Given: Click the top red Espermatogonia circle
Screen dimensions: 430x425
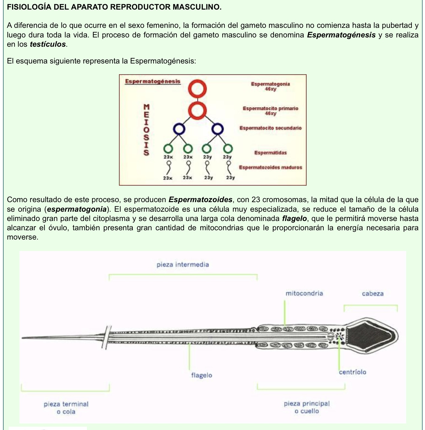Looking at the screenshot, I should click(x=197, y=89).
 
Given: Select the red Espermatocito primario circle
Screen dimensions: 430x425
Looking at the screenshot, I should click(x=197, y=110).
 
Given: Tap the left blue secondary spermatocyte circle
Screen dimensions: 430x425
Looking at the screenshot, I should click(x=179, y=129).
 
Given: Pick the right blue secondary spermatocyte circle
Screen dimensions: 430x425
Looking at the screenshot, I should click(x=218, y=129).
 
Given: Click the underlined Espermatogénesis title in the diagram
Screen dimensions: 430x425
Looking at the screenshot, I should click(x=153, y=81).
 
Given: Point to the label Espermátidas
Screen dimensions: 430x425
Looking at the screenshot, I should click(x=270, y=153).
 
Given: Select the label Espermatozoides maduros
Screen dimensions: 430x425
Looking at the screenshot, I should click(x=270, y=167).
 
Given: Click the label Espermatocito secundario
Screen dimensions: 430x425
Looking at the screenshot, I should click(x=270, y=128).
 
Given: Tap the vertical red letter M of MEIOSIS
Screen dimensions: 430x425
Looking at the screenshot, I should click(x=146, y=107).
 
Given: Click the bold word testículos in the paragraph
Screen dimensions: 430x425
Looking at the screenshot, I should click(x=48, y=44).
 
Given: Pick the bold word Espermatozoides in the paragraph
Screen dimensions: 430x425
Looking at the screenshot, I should click(x=201, y=200).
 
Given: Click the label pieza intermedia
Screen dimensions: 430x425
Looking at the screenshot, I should click(x=183, y=265).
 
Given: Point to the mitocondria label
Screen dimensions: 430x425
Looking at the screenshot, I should click(x=304, y=293).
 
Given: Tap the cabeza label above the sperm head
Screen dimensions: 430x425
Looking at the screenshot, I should click(x=373, y=294).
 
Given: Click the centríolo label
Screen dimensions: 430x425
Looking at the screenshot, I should click(x=352, y=372).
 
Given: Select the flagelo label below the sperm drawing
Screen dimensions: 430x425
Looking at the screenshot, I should click(x=201, y=375).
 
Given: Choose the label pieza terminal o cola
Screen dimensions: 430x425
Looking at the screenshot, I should click(x=66, y=408).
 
